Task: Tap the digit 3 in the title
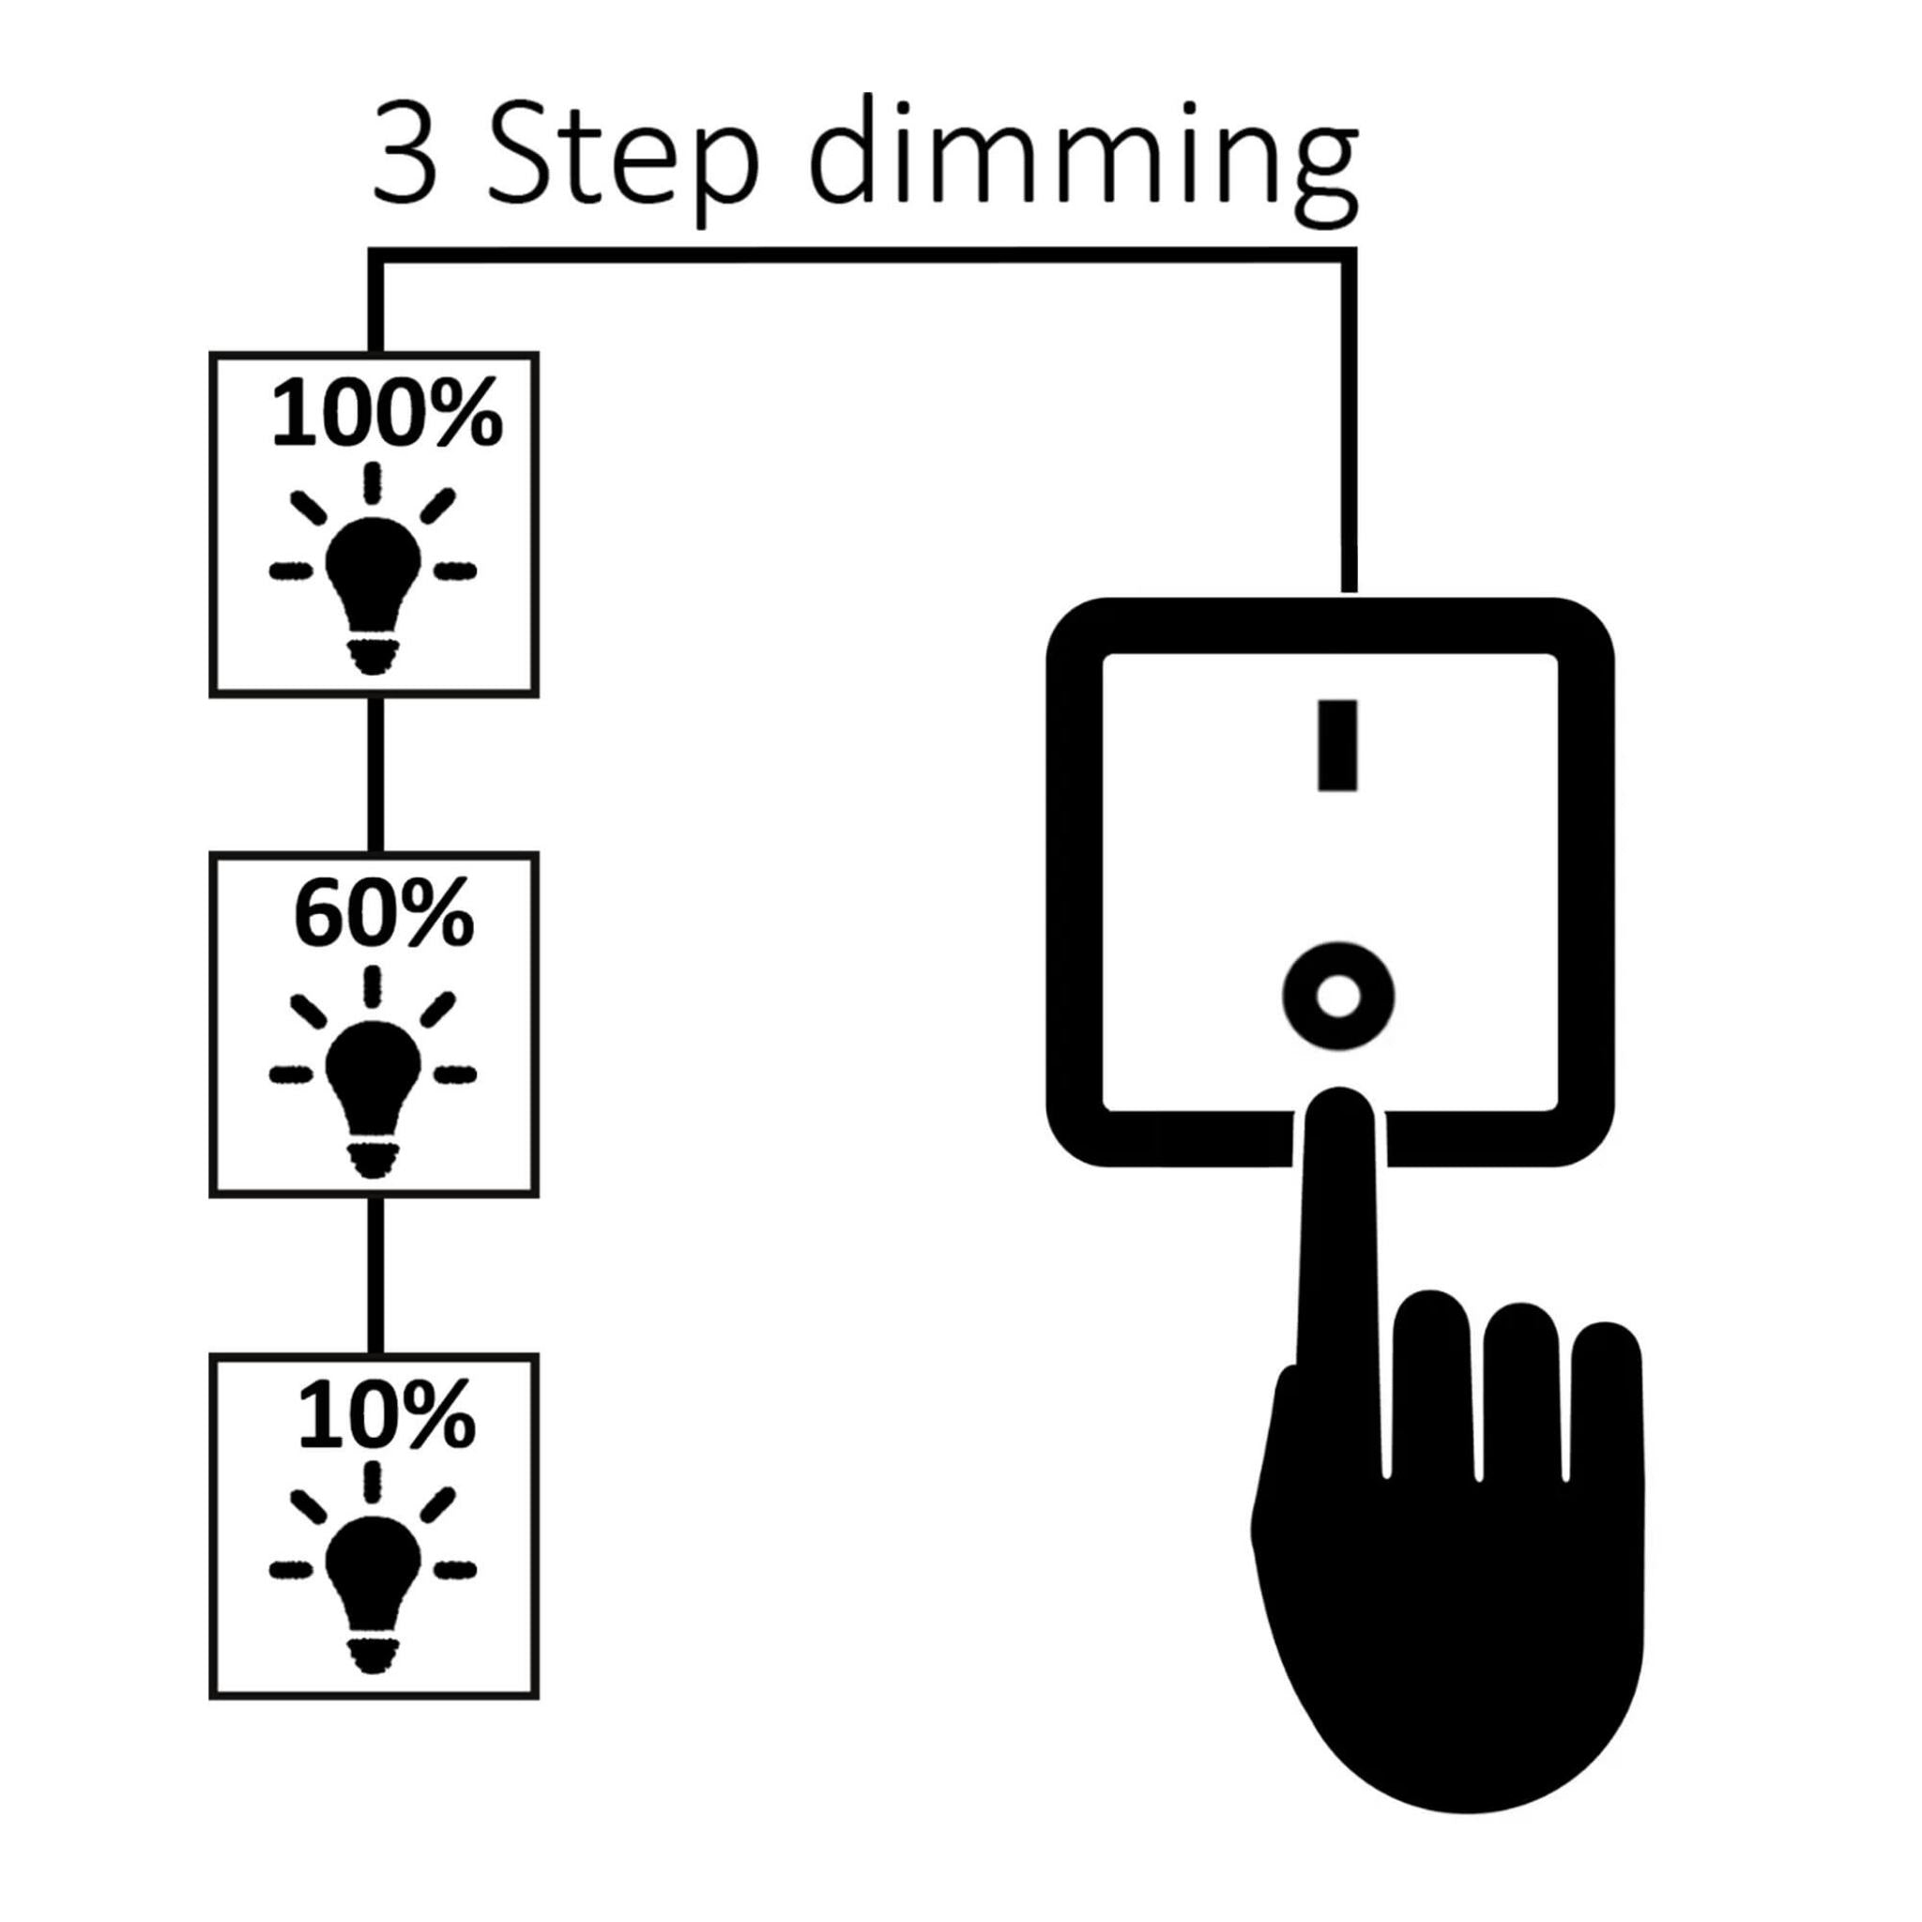click(x=404, y=157)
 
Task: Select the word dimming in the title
click(x=1084, y=160)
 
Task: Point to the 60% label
click(x=383, y=914)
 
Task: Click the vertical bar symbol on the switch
click(x=1337, y=745)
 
